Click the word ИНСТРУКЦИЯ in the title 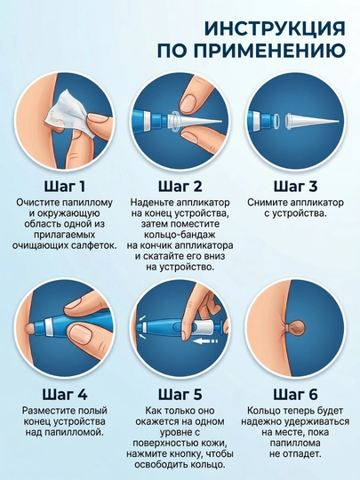(275, 29)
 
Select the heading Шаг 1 (65, 187)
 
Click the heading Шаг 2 (180, 187)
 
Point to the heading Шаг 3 (295, 187)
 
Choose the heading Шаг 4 (65, 395)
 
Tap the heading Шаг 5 (180, 395)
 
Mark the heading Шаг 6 (295, 395)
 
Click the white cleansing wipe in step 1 (66, 112)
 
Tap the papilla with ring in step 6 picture (294, 328)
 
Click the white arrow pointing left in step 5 (205, 341)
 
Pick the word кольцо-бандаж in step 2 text (179, 235)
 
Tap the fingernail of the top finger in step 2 (188, 101)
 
